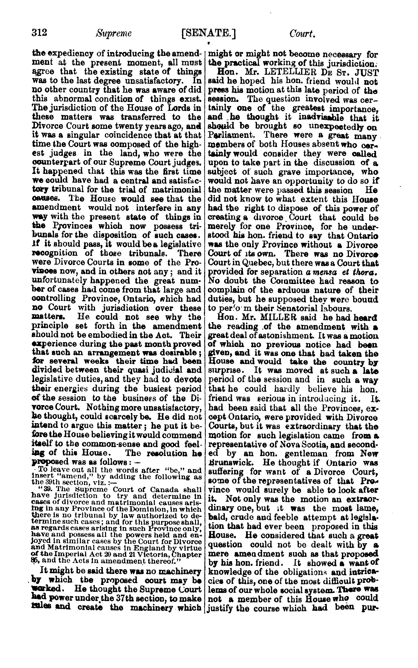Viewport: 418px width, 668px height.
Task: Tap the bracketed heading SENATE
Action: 208,34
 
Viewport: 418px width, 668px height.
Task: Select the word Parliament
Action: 231,135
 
